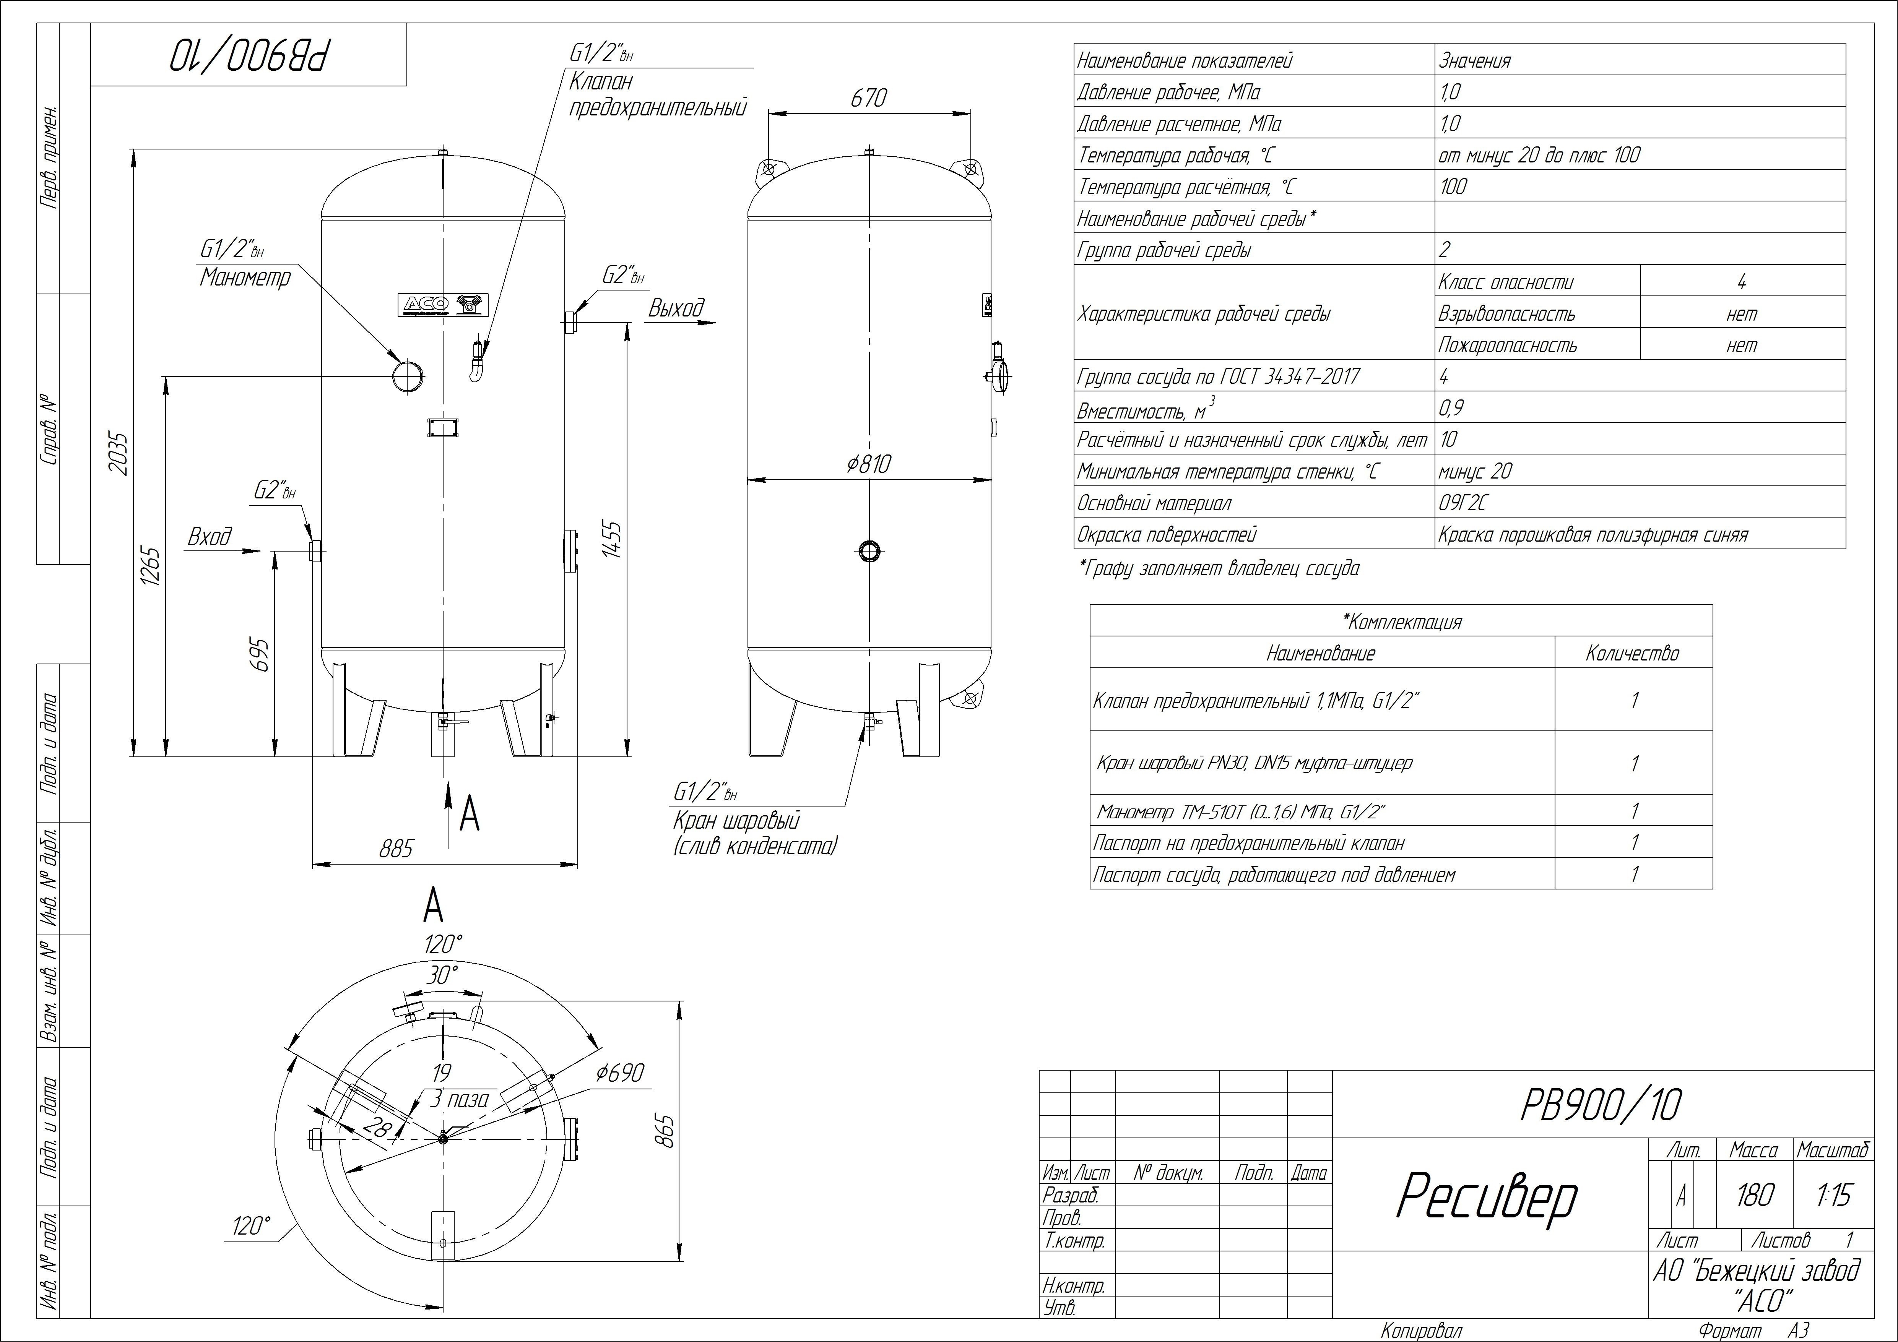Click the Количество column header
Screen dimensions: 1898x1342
1633,654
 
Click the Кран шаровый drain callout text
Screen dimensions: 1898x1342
736,821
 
